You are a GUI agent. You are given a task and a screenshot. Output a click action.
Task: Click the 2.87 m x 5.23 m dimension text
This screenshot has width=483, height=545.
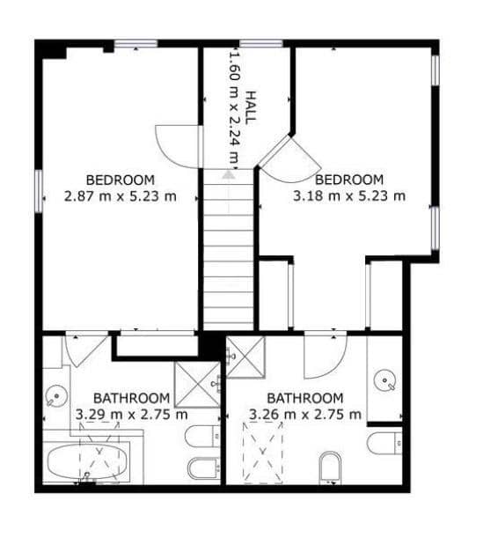click(120, 196)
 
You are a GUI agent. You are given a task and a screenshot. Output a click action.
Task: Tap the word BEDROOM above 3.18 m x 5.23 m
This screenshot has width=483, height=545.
click(349, 179)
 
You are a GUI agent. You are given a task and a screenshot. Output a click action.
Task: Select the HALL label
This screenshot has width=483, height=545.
click(251, 107)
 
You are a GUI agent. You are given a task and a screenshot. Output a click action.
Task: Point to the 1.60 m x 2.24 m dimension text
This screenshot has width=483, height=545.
click(234, 107)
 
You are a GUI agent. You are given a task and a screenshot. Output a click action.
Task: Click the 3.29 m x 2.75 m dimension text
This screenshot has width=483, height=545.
click(131, 413)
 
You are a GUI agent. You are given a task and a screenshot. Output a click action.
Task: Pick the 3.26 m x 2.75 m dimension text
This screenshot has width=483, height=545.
click(305, 413)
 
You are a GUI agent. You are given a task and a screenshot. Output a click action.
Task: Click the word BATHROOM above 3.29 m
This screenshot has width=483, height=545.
click(131, 397)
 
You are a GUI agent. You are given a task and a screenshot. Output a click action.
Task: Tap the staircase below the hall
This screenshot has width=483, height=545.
click(229, 255)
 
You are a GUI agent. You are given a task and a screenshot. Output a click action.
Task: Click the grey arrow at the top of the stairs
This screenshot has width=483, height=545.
click(229, 174)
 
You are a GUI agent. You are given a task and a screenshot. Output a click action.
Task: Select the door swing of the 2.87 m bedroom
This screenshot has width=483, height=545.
click(173, 144)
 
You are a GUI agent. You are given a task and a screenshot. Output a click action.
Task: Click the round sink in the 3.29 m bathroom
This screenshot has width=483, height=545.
click(57, 395)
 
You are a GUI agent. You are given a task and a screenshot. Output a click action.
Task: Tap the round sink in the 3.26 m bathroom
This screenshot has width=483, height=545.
click(384, 380)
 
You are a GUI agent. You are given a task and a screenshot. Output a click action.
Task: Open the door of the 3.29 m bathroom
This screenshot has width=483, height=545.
click(86, 349)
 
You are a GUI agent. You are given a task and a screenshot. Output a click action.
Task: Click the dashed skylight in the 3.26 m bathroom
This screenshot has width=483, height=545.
click(264, 451)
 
